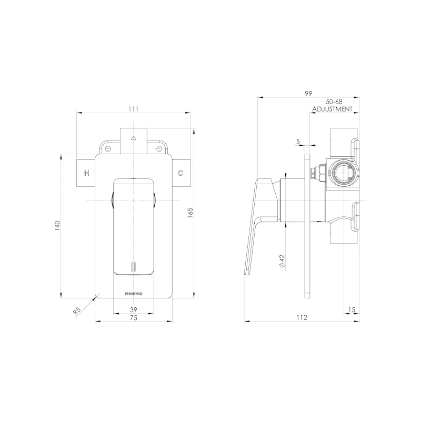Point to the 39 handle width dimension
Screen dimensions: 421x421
click(x=133, y=309)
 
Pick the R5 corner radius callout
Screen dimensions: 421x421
click(x=77, y=310)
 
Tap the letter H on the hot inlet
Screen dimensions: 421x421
click(x=87, y=173)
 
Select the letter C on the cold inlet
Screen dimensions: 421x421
click(x=180, y=173)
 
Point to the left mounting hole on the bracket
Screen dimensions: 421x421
click(x=108, y=149)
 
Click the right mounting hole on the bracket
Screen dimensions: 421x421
click(x=158, y=149)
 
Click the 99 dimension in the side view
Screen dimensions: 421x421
click(x=308, y=93)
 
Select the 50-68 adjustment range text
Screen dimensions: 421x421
click(x=334, y=101)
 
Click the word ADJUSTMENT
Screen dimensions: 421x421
click(x=332, y=109)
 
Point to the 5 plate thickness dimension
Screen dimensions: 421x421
click(x=298, y=142)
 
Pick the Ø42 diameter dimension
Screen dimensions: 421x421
click(x=282, y=262)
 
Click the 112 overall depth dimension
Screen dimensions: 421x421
click(x=302, y=317)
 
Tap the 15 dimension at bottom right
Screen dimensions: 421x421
click(x=351, y=309)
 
